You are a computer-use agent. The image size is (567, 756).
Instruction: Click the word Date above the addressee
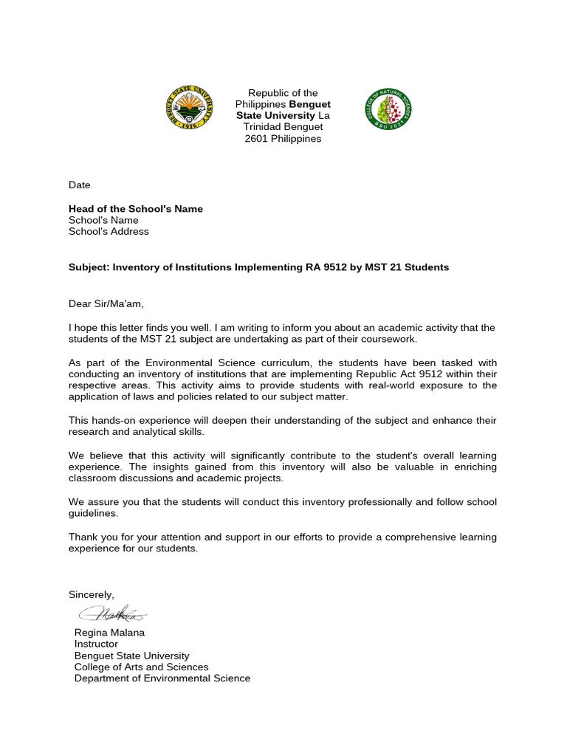pos(79,185)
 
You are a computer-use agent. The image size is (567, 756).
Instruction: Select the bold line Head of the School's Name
pos(135,209)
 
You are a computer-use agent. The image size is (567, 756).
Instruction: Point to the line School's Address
pos(109,231)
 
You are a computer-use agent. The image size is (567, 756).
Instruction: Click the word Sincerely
pos(92,594)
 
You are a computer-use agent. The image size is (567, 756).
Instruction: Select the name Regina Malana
pos(109,633)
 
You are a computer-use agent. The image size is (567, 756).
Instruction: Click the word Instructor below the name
pos(96,644)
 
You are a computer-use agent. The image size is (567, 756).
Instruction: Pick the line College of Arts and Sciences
pos(141,667)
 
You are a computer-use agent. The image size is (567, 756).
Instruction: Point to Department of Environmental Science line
pos(162,678)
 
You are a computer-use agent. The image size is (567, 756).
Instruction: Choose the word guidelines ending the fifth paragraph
pos(92,514)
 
